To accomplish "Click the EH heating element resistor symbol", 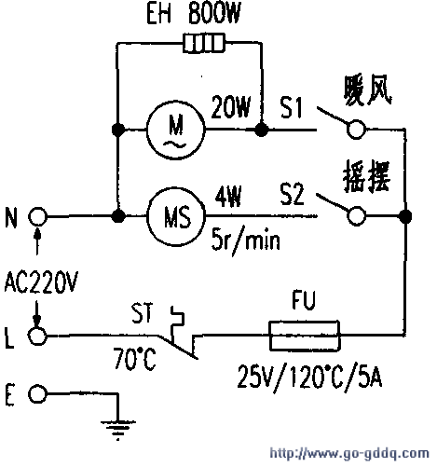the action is tap(203, 43).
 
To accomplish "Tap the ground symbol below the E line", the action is tap(117, 430).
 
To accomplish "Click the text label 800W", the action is tap(214, 14).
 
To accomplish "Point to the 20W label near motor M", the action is tap(230, 107).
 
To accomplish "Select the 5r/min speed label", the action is tap(245, 240).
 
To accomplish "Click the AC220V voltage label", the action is tap(41, 282).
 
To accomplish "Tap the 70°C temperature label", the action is tap(134, 359).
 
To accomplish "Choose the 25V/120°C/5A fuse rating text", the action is tap(309, 378).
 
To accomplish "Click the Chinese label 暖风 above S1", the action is tap(367, 90).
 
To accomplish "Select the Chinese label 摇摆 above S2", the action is tap(366, 176).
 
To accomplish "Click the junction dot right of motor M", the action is tap(262, 130).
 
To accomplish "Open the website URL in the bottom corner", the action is tap(349, 453).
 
